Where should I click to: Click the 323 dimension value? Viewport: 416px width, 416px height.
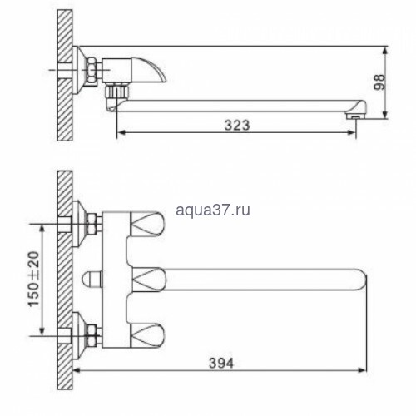237,125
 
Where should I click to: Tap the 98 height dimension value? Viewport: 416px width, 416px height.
379,82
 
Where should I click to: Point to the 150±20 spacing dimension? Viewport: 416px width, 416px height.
33,279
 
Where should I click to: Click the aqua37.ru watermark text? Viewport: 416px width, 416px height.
213,210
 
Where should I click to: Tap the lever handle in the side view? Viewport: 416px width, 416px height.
148,70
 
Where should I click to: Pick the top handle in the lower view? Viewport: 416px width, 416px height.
147,224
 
